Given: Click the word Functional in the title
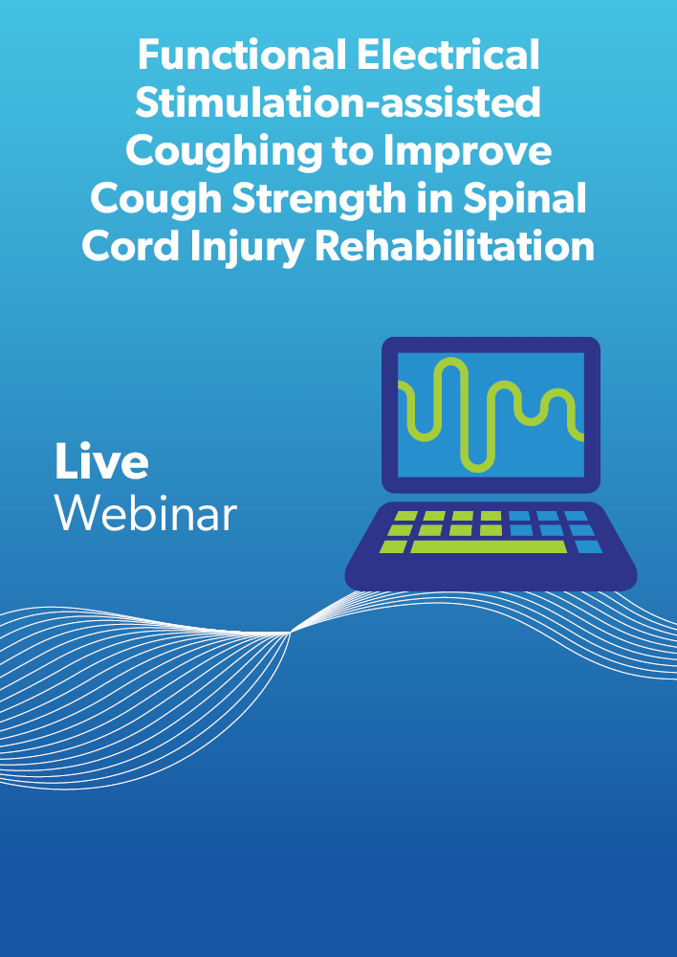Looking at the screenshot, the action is (242, 55).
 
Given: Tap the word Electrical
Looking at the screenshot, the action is (448, 55).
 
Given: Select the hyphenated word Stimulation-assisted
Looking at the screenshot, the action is (338, 102).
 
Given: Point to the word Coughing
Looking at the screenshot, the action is (223, 152).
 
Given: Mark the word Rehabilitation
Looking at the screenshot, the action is (454, 247).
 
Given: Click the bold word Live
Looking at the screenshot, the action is (101, 461).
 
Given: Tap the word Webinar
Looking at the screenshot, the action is (145, 514).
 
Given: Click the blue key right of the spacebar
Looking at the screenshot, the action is (588, 546).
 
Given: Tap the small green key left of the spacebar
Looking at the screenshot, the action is (393, 546).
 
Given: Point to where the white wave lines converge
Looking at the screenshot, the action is (290, 634).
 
